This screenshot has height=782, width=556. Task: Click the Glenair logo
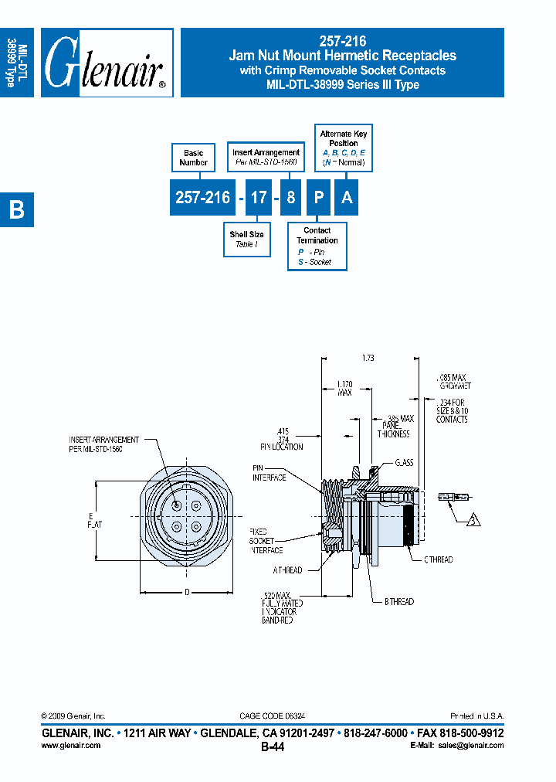pyautogui.click(x=106, y=64)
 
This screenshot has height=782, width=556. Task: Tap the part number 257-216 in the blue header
pyautogui.click(x=342, y=42)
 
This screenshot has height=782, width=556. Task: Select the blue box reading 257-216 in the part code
pyautogui.click(x=202, y=198)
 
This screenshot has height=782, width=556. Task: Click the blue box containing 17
pyautogui.click(x=258, y=198)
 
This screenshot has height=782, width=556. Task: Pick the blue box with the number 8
pyautogui.click(x=290, y=198)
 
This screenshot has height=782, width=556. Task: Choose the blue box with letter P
pyautogui.click(x=317, y=198)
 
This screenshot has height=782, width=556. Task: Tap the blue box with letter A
pyautogui.click(x=347, y=198)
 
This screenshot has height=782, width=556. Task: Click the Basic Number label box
pyautogui.click(x=193, y=158)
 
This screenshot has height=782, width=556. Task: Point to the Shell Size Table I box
pyautogui.click(x=246, y=239)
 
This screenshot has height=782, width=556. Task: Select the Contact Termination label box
pyautogui.click(x=317, y=246)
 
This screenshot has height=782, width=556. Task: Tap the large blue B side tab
pyautogui.click(x=16, y=210)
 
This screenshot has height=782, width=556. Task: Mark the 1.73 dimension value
pyautogui.click(x=368, y=358)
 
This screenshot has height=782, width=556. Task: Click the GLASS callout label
pyautogui.click(x=404, y=462)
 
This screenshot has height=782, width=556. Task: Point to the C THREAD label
pyautogui.click(x=437, y=559)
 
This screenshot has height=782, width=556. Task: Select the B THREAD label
pyautogui.click(x=398, y=601)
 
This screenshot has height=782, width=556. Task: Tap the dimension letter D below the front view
pyautogui.click(x=186, y=593)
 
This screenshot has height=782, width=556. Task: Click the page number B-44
pyautogui.click(x=273, y=747)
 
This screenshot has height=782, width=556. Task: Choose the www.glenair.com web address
pyautogui.click(x=70, y=745)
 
